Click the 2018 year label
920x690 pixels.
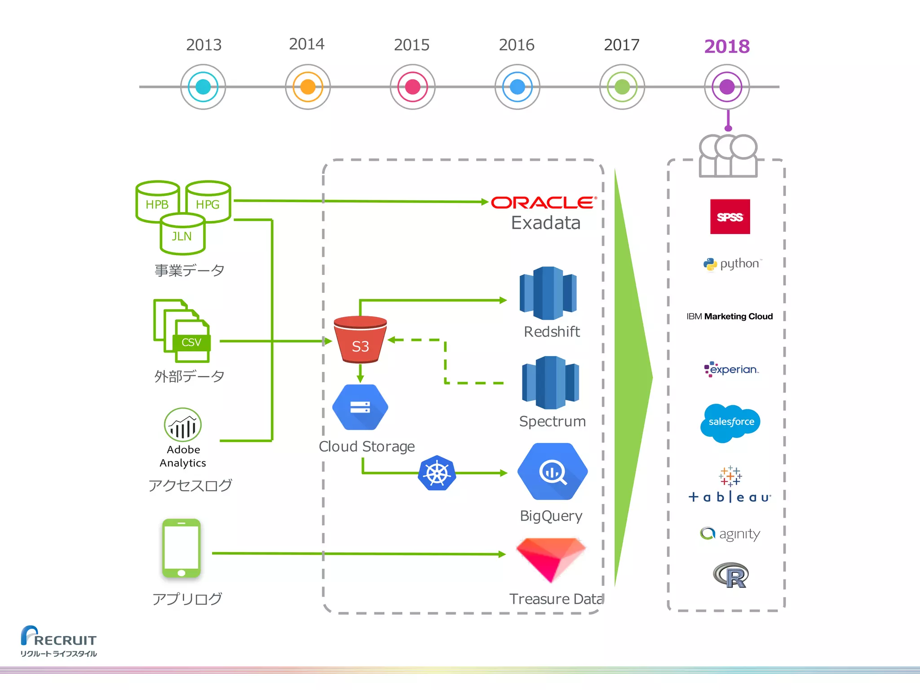coord(726,46)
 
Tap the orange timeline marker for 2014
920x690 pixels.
coord(308,87)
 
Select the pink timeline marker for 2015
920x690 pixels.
coord(412,87)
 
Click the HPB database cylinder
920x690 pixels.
coord(157,202)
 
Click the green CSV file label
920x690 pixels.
coord(191,342)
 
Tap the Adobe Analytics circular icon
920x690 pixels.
coord(183,425)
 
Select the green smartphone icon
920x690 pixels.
coord(181,548)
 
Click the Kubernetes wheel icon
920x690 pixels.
coord(437,473)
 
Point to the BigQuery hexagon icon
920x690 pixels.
coord(553,472)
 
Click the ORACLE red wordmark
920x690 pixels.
coord(544,203)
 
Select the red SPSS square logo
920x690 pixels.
coord(730,217)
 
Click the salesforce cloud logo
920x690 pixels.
coord(730,422)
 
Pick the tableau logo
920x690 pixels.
coord(730,485)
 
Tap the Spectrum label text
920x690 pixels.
coord(552,421)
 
